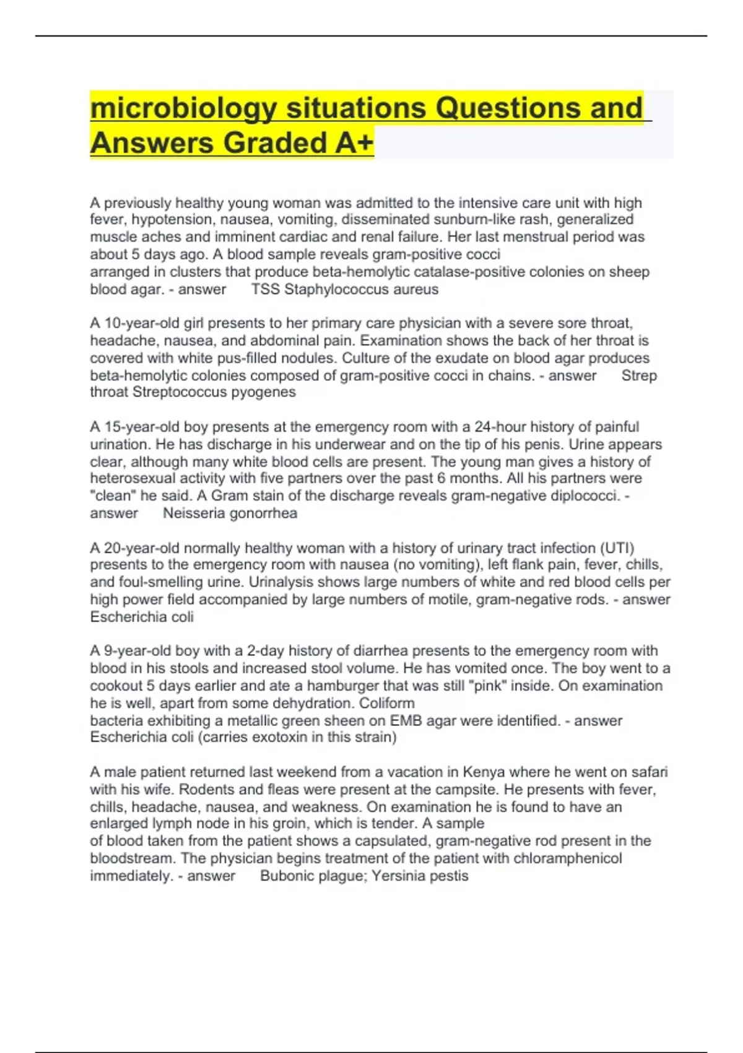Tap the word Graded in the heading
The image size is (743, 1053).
276,143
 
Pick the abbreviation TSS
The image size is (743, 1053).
266,289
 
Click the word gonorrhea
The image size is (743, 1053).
263,513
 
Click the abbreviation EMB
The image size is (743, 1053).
405,720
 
